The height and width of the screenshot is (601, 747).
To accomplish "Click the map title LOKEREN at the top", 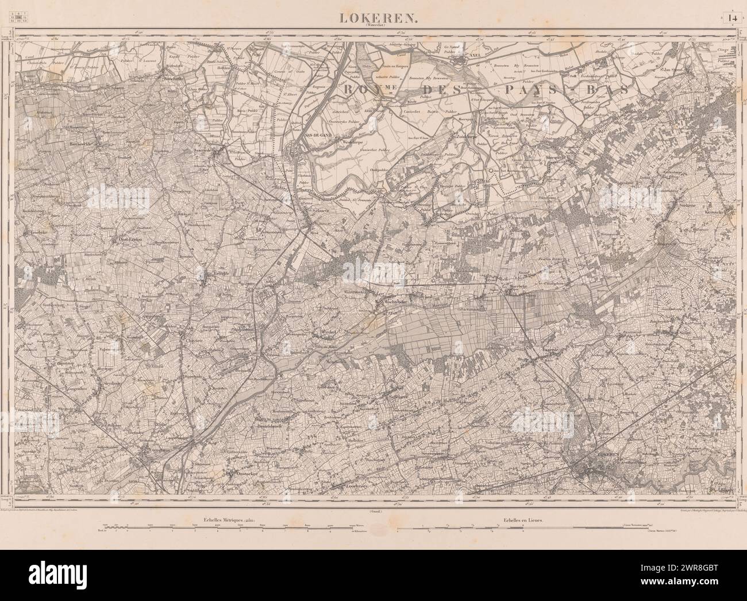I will point(373,18).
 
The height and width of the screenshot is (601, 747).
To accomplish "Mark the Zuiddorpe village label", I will point(465,137).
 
